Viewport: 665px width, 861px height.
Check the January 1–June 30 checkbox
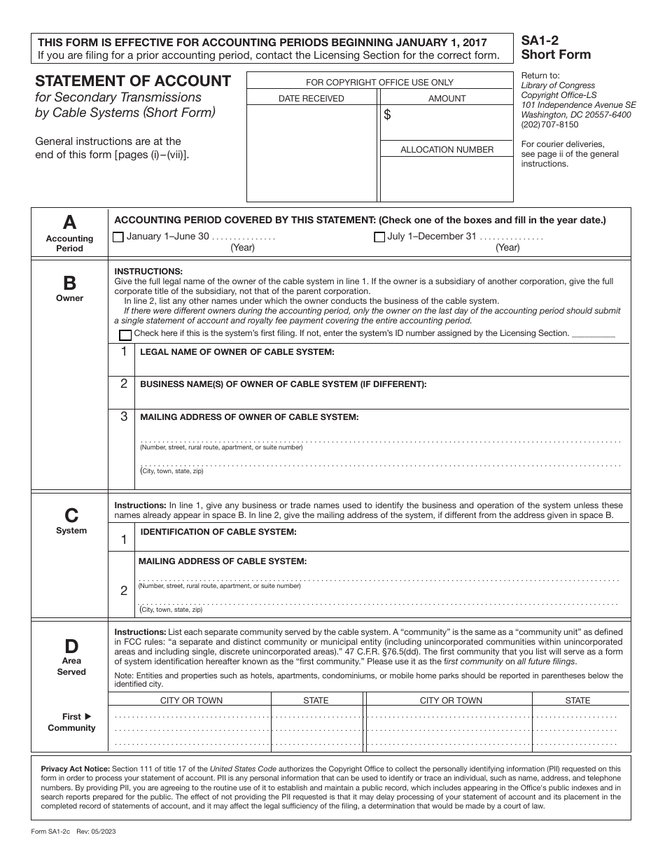click(118, 237)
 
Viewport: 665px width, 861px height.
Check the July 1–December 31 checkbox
click(379, 237)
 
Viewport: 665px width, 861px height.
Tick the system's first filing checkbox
click(125, 335)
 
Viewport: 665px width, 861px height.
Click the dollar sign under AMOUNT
click(387, 115)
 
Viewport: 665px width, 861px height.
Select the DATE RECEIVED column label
click(311, 99)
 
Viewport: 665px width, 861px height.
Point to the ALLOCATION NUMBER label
click(447, 149)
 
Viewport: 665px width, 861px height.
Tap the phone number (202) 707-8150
click(549, 125)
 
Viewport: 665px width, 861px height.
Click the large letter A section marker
click(69, 223)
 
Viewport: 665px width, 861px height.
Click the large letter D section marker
click(71, 646)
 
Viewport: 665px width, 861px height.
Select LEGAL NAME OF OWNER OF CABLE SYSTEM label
click(237, 351)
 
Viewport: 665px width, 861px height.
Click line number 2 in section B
click(124, 384)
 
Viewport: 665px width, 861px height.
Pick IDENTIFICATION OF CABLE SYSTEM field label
click(218, 532)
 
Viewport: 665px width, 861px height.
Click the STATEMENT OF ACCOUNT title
click(133, 81)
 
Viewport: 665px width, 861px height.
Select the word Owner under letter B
click(70, 298)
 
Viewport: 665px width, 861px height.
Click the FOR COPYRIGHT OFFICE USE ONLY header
click(379, 83)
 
